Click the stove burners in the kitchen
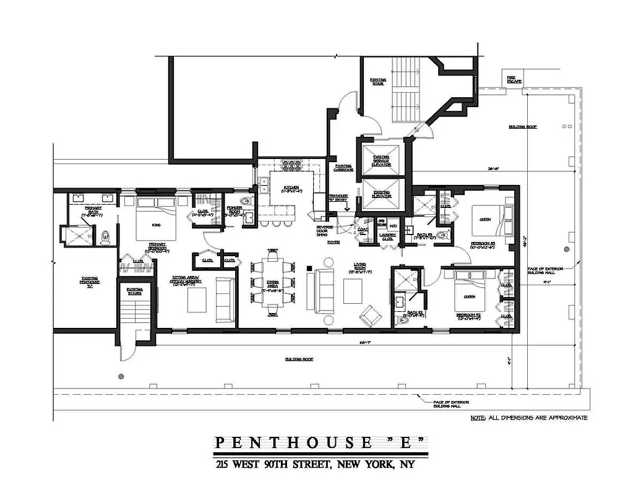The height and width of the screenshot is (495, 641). point(291,166)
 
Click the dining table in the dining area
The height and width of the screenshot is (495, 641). point(272,281)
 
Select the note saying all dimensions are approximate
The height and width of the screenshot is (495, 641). point(528,418)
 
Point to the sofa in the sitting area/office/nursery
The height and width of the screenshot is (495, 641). point(225,299)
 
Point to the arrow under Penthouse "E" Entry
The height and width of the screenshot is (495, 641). point(337,209)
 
